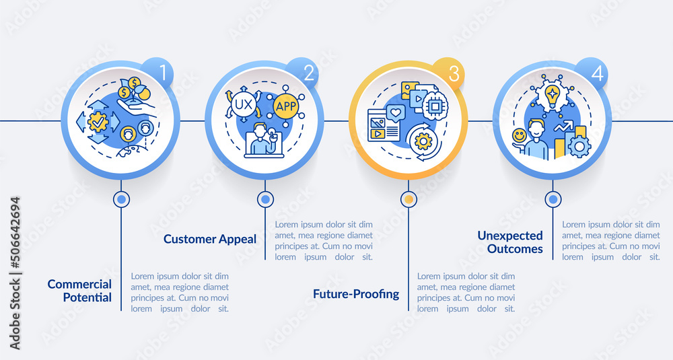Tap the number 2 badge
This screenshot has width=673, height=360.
coord(302,73)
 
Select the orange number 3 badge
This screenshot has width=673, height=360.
coord(448,73)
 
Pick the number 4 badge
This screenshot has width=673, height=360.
coord(592,73)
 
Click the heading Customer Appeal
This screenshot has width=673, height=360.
coord(210,239)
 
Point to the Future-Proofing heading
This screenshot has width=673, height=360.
coord(356,294)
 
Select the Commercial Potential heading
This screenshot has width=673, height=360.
coord(79,291)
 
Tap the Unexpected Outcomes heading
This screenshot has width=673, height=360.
coord(510,242)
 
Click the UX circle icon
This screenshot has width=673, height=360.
coord(244,105)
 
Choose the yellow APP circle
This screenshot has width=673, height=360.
coord(286,106)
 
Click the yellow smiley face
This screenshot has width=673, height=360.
coord(520,137)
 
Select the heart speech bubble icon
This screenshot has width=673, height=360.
coord(396,113)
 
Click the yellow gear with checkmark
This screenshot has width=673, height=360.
coord(98,122)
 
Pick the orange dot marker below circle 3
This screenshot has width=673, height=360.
coord(409,199)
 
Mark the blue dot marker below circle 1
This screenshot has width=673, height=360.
coord(121,199)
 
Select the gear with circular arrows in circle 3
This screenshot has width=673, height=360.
coord(423,141)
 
